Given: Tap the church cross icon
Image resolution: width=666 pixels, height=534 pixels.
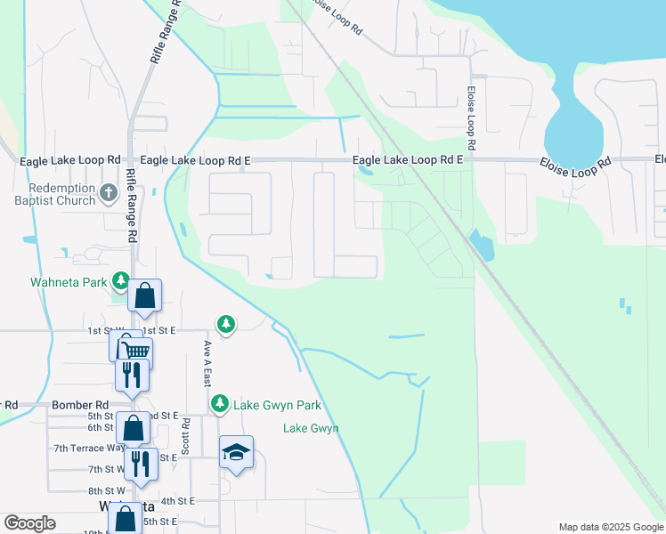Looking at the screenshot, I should tap(108, 192).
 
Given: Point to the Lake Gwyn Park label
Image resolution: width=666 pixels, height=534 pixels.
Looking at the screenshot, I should tap(276, 405).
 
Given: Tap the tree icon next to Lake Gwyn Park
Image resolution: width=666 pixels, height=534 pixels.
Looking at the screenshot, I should tap(220, 404).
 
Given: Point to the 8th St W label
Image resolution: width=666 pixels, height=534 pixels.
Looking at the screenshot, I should tap(107, 490).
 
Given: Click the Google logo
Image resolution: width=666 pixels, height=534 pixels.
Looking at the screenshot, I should tap(30, 523).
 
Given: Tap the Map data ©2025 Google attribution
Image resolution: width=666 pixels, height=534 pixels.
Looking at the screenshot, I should tap(610, 527).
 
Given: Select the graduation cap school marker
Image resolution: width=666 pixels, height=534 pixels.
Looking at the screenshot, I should tap(236, 452).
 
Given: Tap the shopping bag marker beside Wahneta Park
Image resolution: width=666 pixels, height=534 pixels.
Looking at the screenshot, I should tap(144, 295).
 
